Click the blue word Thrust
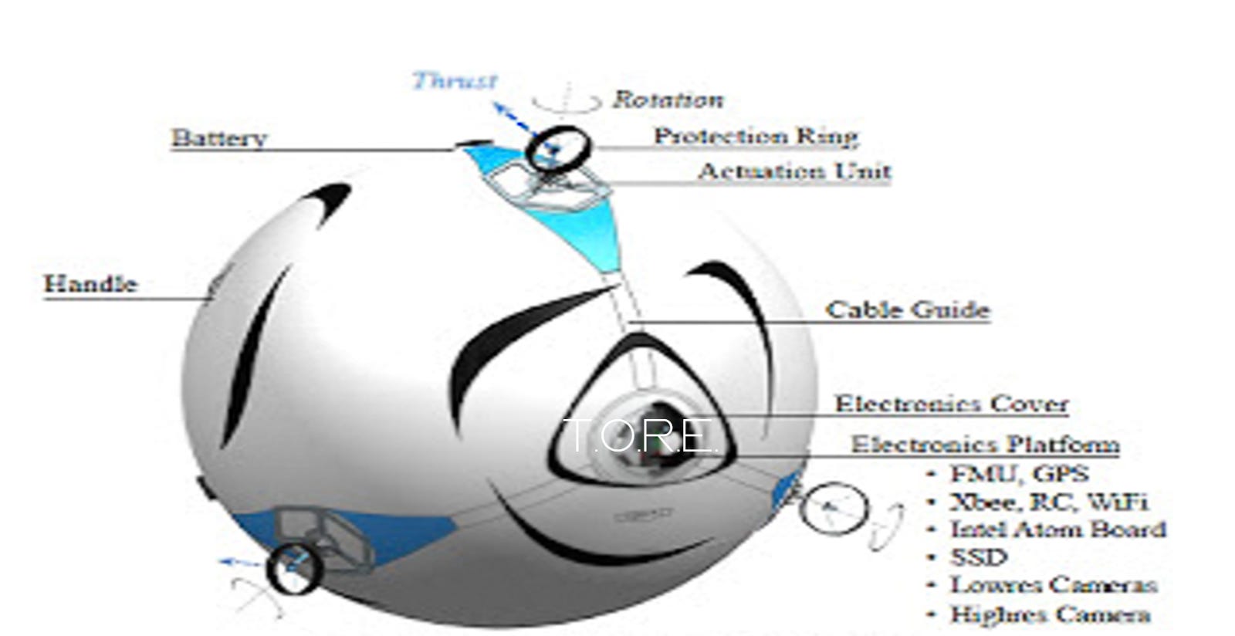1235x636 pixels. (x=455, y=81)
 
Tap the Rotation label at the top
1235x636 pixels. (x=668, y=100)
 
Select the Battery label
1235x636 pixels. (x=219, y=138)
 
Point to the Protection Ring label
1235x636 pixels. (x=756, y=136)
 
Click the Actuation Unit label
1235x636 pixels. (x=794, y=171)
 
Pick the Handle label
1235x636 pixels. (x=90, y=284)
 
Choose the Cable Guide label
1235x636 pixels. (x=907, y=310)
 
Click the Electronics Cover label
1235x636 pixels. (x=952, y=404)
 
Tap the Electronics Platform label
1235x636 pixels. (x=985, y=445)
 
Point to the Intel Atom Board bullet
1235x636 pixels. (x=1057, y=530)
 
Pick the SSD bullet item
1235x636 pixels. (x=979, y=557)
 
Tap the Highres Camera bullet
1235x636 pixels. (x=1050, y=614)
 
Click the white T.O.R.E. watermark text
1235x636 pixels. (x=641, y=436)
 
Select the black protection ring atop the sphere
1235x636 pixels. (x=559, y=148)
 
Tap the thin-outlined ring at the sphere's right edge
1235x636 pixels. (x=833, y=509)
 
